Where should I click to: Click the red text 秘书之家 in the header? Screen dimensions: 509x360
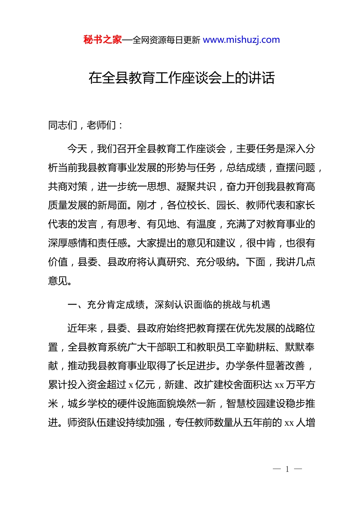[x=103, y=40]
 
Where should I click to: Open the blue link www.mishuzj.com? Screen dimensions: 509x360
[x=241, y=40]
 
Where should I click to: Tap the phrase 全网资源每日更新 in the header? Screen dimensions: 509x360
[x=166, y=40]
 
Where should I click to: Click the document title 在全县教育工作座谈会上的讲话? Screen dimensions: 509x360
[x=182, y=78]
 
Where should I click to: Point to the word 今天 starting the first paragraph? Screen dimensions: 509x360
[x=77, y=149]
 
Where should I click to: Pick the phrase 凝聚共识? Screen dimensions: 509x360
[x=196, y=187]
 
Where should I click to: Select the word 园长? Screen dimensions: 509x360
[x=226, y=205]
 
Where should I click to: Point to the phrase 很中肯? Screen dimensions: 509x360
[x=261, y=243]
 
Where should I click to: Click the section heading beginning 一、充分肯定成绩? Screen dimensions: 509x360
[x=169, y=305]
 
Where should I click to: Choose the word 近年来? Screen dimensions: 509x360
[x=82, y=328]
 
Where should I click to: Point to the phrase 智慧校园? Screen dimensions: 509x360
[x=246, y=404]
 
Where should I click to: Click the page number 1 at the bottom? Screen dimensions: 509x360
[x=287, y=469]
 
